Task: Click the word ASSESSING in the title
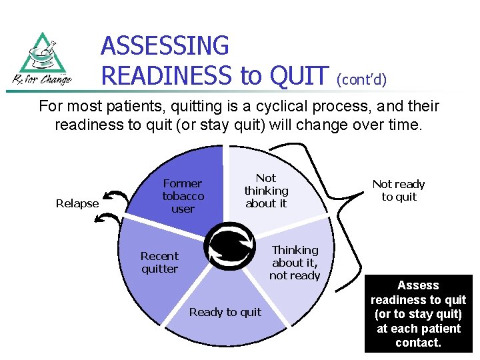165,46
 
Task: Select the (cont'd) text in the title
362,79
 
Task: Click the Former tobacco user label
183,196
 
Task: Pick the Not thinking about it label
266,191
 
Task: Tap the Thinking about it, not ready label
295,263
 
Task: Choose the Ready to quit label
225,312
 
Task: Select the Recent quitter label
159,263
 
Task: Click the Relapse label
77,203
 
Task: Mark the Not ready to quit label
399,190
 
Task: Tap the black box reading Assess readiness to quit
418,314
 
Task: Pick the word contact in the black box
418,343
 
